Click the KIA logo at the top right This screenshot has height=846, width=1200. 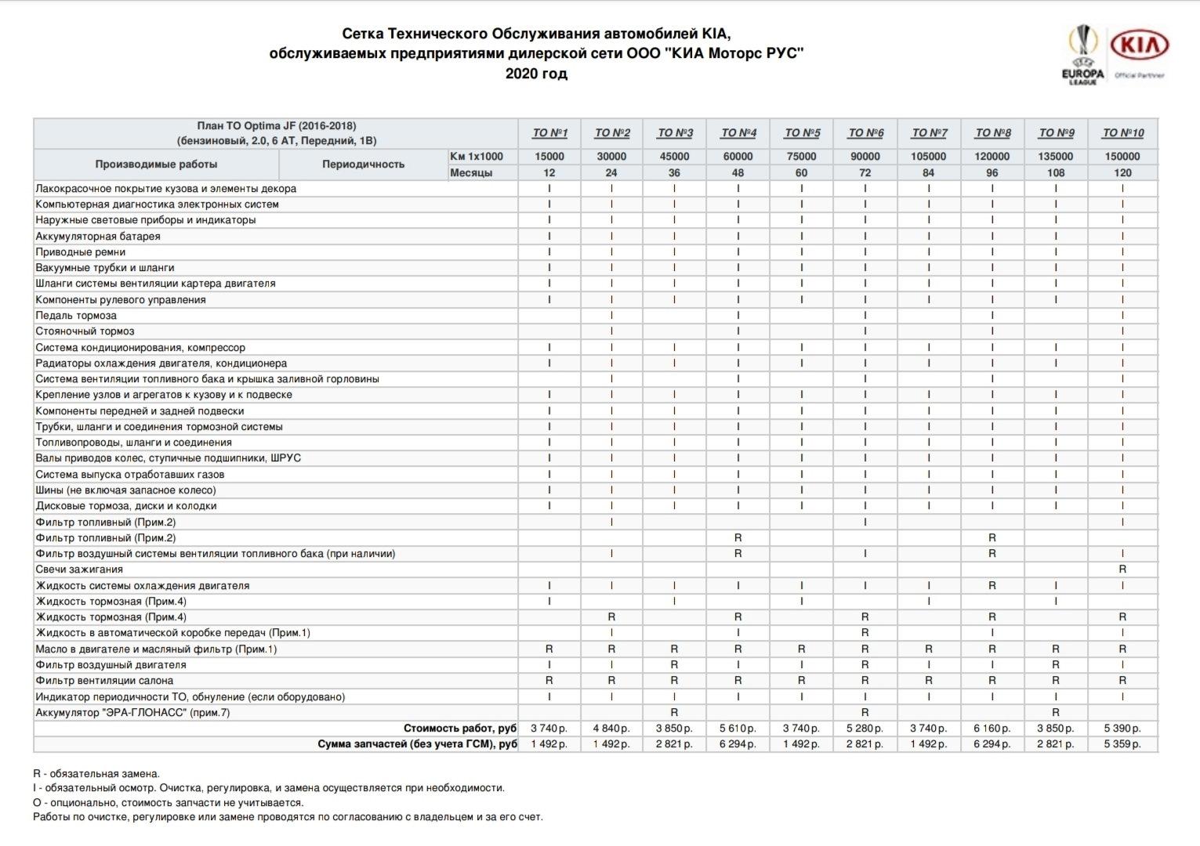1140,46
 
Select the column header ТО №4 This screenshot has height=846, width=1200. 738,133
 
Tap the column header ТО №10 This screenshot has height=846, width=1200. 1122,133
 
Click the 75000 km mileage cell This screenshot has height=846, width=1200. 801,157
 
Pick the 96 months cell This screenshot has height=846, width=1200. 992,172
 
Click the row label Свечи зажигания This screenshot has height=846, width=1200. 79,569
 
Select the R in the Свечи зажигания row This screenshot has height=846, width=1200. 1122,569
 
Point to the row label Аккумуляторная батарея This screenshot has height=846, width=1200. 98,236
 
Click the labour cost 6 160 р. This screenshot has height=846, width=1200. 992,728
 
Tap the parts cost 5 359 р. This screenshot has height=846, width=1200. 1122,744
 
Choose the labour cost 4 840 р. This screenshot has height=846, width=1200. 611,728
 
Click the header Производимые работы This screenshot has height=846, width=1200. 156,164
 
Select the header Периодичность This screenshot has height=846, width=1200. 363,164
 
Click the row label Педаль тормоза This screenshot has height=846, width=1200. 76,316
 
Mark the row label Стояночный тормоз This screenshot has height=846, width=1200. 85,331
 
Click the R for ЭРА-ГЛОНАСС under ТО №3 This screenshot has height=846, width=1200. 674,713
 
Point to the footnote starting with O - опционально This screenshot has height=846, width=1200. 168,802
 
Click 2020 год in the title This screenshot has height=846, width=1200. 536,74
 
